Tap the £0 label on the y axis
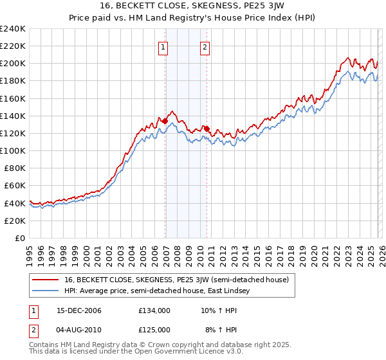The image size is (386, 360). point(19,238)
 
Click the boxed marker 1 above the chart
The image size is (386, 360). point(163,47)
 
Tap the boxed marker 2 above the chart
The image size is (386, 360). point(205,47)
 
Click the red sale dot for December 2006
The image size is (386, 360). point(165,121)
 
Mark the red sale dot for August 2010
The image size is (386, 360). point(207,129)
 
